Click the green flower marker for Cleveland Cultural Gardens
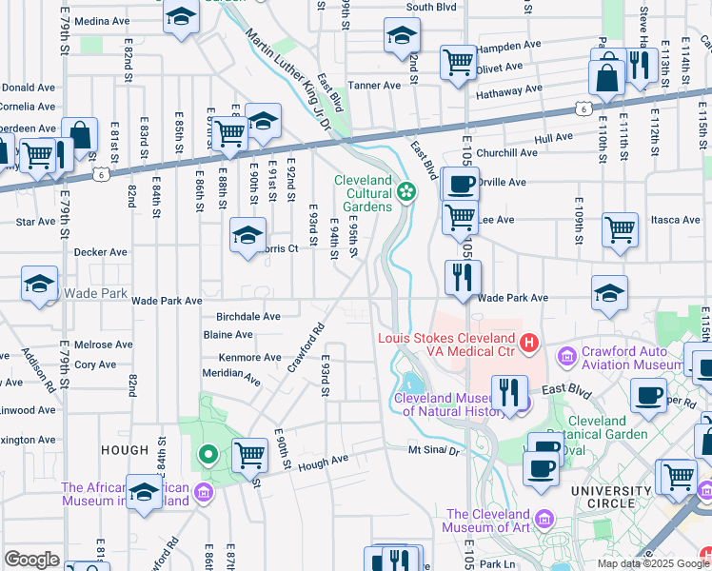[406, 191]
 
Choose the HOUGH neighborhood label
[124, 450]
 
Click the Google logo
[31, 560]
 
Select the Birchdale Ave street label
[248, 316]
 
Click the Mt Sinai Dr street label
[434, 450]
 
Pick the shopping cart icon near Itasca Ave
[620, 227]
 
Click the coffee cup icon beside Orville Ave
[462, 182]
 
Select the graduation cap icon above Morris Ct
[247, 233]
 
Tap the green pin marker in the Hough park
[208, 455]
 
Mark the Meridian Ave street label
[231, 376]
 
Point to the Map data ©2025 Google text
[653, 563]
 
